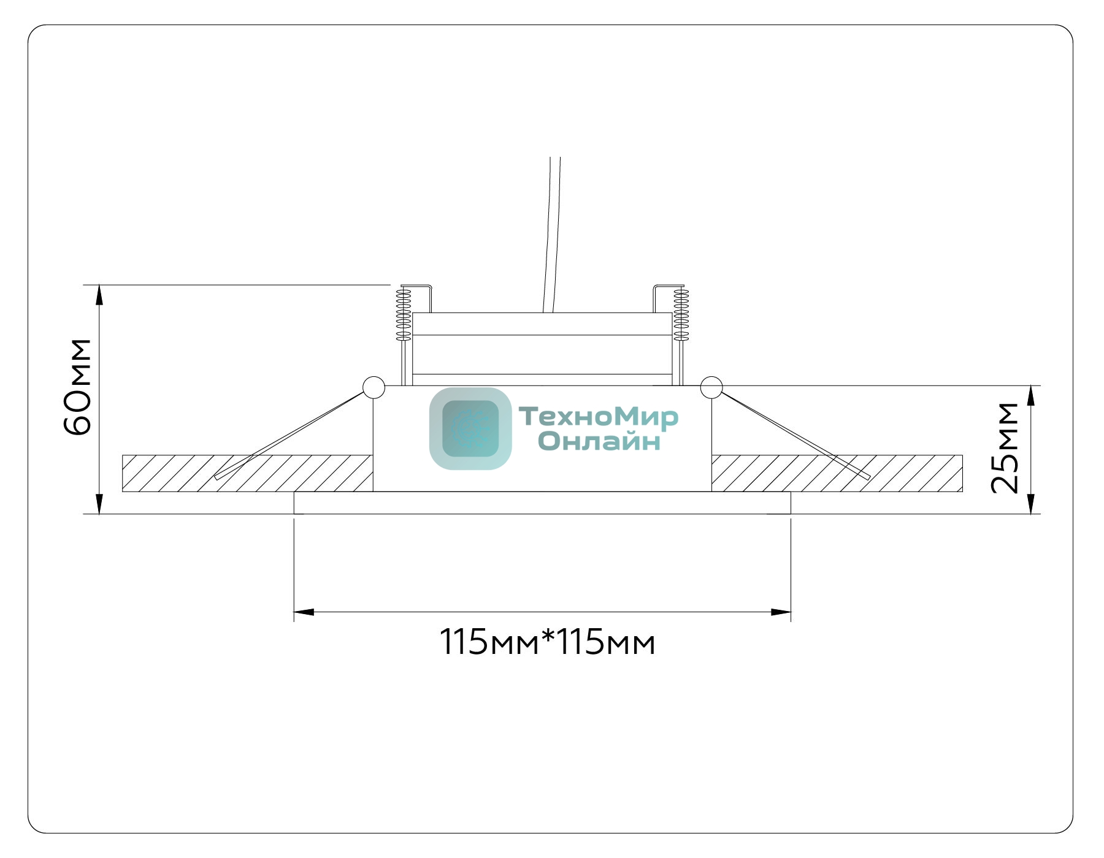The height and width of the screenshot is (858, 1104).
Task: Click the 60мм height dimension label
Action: pyautogui.click(x=78, y=386)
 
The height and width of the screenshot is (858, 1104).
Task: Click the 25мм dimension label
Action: pyautogui.click(x=1005, y=448)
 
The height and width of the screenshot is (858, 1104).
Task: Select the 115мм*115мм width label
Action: pyautogui.click(x=548, y=642)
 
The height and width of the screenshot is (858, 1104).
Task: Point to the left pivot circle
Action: pyautogui.click(x=374, y=387)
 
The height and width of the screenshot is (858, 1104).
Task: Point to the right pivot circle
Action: pyautogui.click(x=711, y=387)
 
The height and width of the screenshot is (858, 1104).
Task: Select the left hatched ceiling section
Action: pyautogui.click(x=248, y=473)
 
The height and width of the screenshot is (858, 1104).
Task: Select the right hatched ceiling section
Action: pyautogui.click(x=837, y=473)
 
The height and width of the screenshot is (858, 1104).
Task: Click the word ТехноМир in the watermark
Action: pyautogui.click(x=599, y=417)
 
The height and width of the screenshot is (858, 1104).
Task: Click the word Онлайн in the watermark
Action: pyautogui.click(x=599, y=441)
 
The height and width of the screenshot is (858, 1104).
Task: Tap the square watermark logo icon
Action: pyautogui.click(x=470, y=428)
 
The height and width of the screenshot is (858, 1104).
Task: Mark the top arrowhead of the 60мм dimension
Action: pyautogui.click(x=99, y=295)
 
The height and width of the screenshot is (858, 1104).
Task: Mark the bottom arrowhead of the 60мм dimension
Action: pyautogui.click(x=99, y=504)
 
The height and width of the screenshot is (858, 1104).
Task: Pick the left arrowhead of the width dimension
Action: pyautogui.click(x=304, y=612)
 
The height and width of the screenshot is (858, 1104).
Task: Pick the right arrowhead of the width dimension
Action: pyautogui.click(x=780, y=612)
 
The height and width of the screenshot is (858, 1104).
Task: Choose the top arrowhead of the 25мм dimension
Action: pyautogui.click(x=1031, y=396)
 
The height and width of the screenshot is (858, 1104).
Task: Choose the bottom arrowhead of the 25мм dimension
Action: pyautogui.click(x=1031, y=504)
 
